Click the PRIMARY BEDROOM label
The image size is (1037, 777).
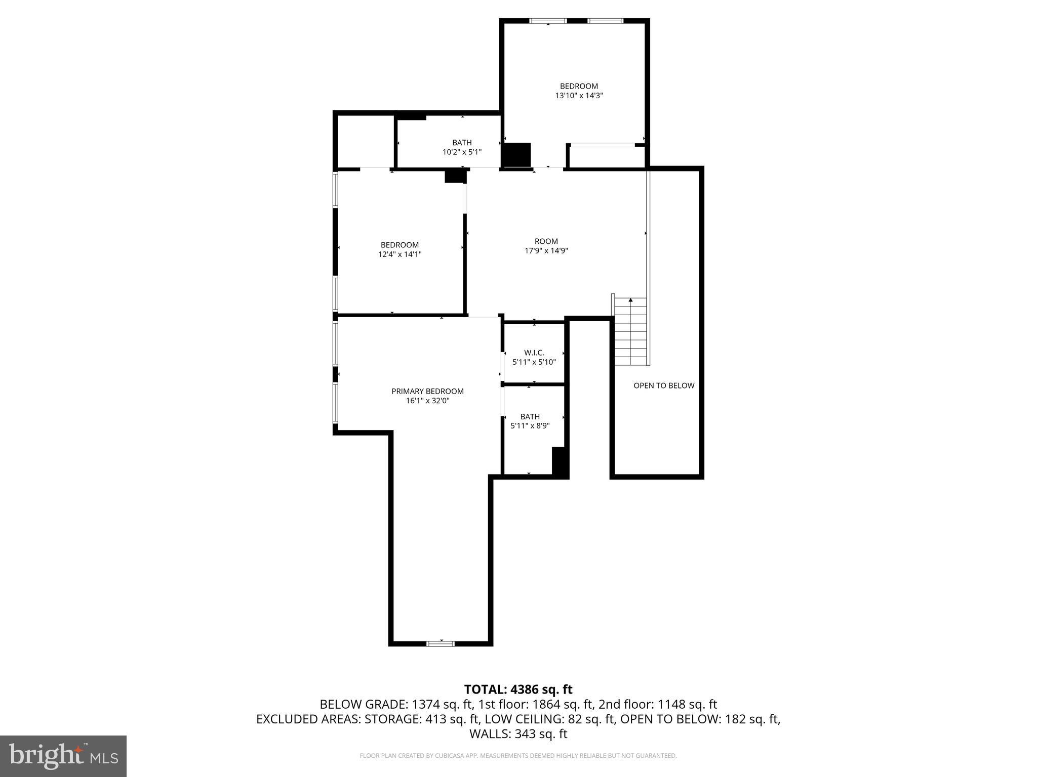pyautogui.click(x=427, y=391)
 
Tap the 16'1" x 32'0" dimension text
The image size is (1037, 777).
pyautogui.click(x=427, y=401)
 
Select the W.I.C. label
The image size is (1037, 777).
pyautogui.click(x=534, y=353)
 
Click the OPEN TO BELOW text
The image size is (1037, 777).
pyautogui.click(x=664, y=385)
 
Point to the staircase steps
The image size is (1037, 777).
pyautogui.click(x=630, y=331)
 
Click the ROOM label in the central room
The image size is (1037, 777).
pyautogui.click(x=546, y=241)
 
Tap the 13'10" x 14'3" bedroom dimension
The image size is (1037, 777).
pyautogui.click(x=579, y=95)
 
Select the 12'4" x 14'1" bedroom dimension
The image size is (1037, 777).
pyautogui.click(x=400, y=254)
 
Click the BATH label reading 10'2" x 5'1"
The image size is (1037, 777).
pyautogui.click(x=462, y=143)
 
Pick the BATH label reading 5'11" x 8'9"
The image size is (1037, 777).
pyautogui.click(x=530, y=416)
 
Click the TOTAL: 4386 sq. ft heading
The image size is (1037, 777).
pyautogui.click(x=518, y=689)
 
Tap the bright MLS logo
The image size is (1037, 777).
pyautogui.click(x=63, y=756)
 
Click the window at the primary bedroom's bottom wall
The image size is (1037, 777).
pyautogui.click(x=440, y=643)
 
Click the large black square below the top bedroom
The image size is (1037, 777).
pyautogui.click(x=516, y=155)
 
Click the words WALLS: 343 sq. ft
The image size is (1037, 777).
pyautogui.click(x=518, y=734)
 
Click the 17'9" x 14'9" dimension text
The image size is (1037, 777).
pyautogui.click(x=546, y=250)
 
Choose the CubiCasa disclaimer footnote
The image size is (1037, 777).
pyautogui.click(x=518, y=756)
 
